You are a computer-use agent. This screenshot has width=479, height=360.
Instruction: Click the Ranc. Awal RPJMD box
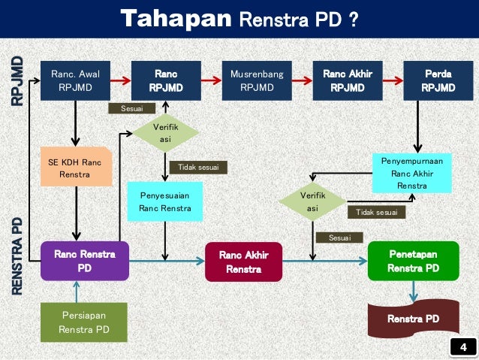pyautogui.click(x=75, y=81)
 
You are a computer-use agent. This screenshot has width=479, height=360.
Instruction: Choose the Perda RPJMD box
pyautogui.click(x=438, y=81)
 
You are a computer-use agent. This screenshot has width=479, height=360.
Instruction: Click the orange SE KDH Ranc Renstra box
pyautogui.click(x=75, y=168)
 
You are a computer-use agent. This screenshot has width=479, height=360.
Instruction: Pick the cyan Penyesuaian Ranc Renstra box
pyautogui.click(x=164, y=201)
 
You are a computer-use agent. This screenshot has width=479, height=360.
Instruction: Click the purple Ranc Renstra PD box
pyautogui.click(x=84, y=261)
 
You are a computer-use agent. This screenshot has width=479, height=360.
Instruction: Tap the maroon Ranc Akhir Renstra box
pyautogui.click(x=243, y=262)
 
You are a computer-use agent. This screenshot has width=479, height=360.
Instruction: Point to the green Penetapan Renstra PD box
pyautogui.click(x=414, y=261)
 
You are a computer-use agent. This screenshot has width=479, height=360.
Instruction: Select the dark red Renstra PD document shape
pyautogui.click(x=412, y=319)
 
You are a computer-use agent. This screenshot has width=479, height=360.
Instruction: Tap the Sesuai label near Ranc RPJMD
pyautogui.click(x=126, y=109)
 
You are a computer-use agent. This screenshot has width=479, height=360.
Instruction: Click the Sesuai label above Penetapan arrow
pyautogui.click(x=339, y=237)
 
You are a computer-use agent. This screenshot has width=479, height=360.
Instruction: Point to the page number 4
pyautogui.click(x=462, y=346)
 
